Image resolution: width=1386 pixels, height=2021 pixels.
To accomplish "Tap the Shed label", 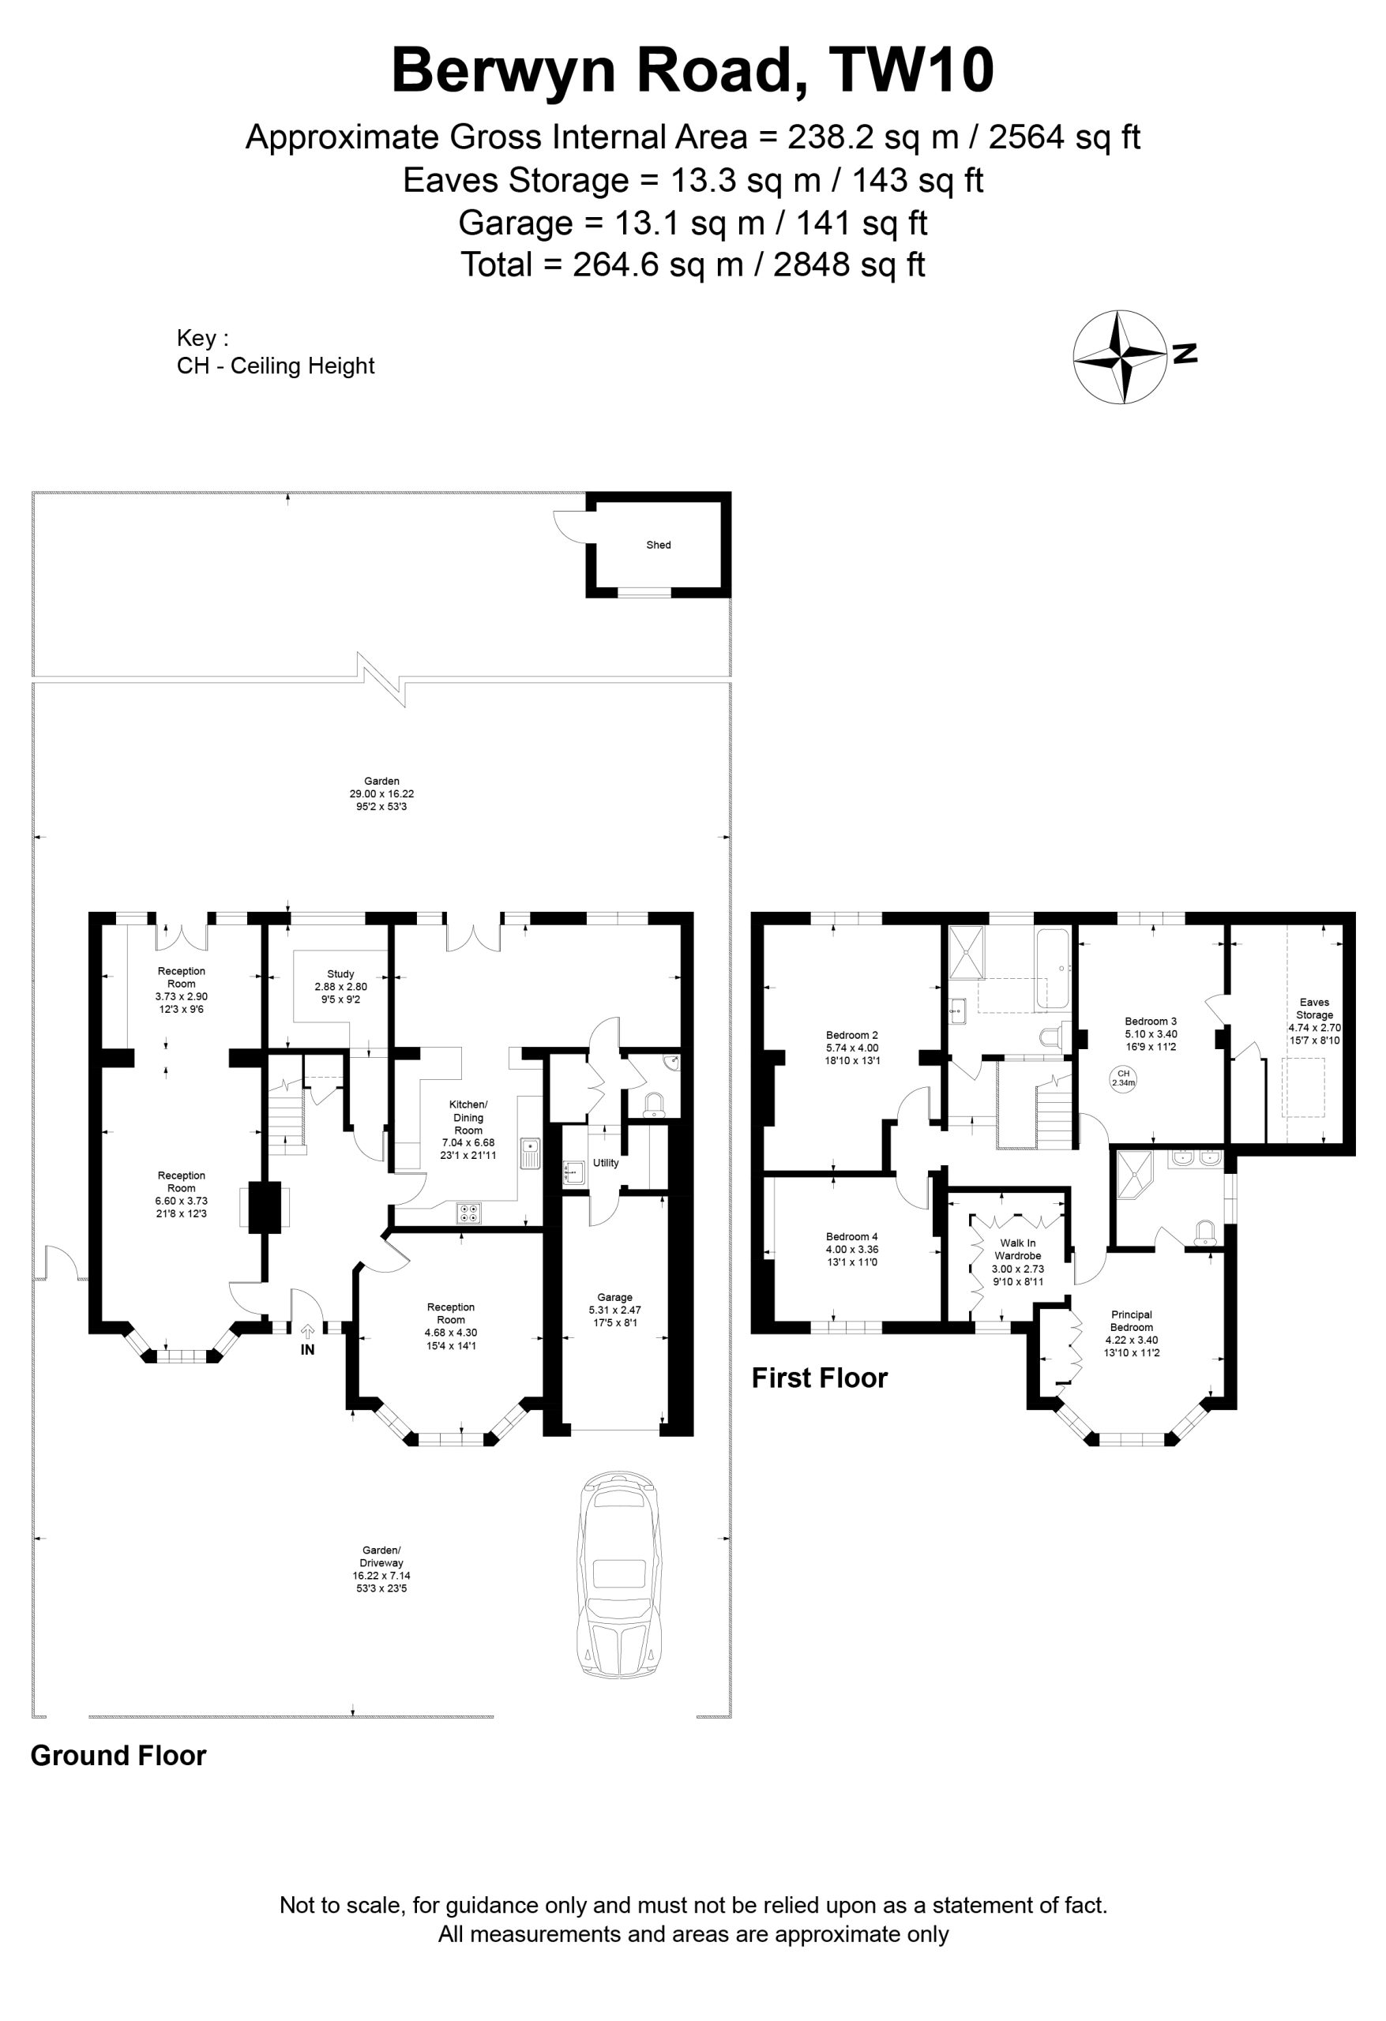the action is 659,546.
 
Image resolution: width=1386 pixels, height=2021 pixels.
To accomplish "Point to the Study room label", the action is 341,974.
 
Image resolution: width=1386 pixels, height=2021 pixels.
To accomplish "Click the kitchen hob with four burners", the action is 468,1213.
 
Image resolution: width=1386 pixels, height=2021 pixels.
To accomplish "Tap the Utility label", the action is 606,1163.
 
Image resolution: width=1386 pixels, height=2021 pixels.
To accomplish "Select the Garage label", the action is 615,1298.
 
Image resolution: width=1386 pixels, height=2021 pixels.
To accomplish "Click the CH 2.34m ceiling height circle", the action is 1123,1078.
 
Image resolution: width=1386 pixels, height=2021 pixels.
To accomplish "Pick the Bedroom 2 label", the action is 852,1035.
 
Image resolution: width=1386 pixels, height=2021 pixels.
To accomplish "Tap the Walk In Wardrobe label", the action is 1018,1249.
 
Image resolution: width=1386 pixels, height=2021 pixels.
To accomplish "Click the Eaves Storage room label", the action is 1314,1008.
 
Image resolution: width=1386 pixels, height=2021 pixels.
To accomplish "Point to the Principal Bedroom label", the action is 1131,1321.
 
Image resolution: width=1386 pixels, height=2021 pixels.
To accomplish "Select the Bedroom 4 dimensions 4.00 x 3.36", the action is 852,1250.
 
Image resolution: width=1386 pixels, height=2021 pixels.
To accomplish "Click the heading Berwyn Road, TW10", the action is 693,70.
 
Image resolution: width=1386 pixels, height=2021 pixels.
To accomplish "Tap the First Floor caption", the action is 820,1378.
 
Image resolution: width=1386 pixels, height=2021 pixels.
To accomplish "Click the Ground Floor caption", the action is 118,1756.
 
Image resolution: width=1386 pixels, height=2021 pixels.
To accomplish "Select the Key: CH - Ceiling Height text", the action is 275,351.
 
